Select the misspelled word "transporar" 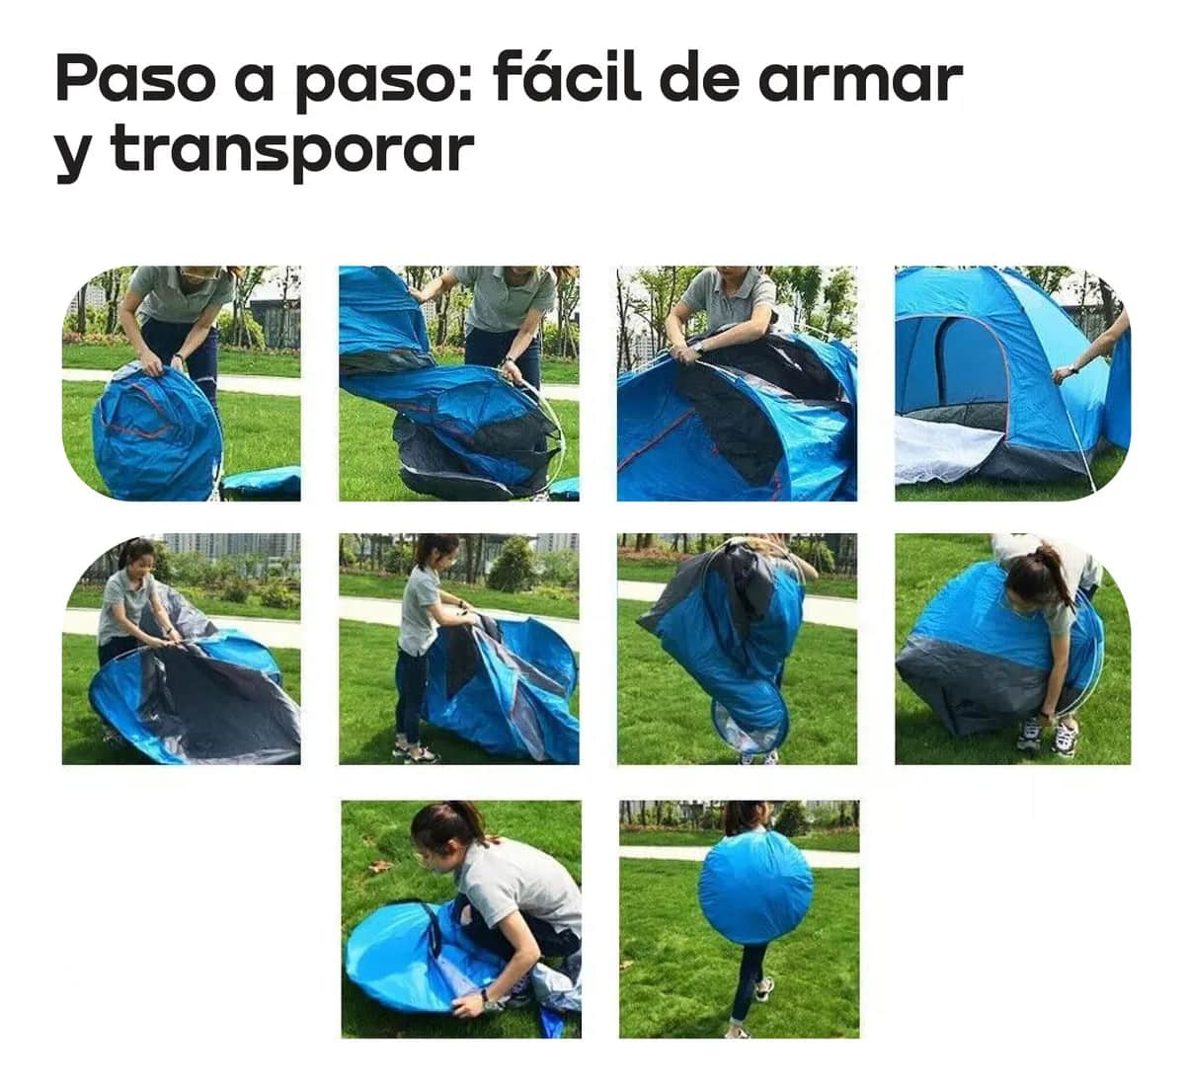pos(292,151)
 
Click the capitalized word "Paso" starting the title pos(134,79)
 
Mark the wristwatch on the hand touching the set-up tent pos(1062,372)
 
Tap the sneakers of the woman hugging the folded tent pos(1047,737)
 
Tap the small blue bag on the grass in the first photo pos(262,482)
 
